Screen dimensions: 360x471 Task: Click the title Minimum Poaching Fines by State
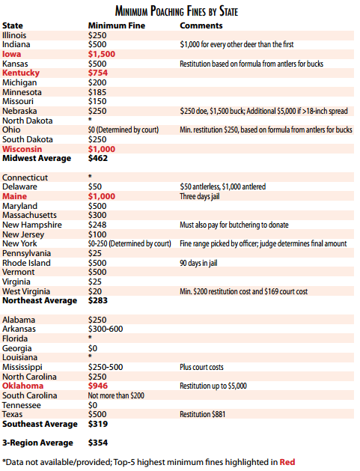click(x=177, y=11)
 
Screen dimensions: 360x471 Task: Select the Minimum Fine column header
click(x=117, y=25)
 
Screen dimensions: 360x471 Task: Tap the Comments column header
click(x=201, y=25)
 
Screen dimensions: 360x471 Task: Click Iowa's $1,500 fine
click(x=102, y=54)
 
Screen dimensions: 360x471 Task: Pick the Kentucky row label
click(x=21, y=73)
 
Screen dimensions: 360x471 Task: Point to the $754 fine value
click(x=98, y=73)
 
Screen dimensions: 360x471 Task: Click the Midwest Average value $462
click(x=98, y=158)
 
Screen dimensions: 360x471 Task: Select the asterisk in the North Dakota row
click(x=90, y=120)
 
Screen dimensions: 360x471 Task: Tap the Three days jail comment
click(x=200, y=196)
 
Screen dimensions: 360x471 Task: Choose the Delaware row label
click(x=19, y=186)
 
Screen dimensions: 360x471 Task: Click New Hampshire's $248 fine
click(x=97, y=225)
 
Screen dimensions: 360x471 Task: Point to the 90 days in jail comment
click(x=198, y=263)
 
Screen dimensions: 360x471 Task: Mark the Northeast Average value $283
click(x=98, y=300)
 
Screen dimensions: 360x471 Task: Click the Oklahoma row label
click(x=22, y=386)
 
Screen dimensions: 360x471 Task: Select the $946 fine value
click(x=98, y=386)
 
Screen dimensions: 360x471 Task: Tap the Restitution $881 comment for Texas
click(x=202, y=414)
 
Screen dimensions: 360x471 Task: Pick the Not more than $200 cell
click(x=116, y=395)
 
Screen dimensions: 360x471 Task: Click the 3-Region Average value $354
click(x=98, y=443)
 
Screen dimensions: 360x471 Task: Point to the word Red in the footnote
click(x=287, y=462)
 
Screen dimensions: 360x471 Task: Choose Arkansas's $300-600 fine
click(x=106, y=329)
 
